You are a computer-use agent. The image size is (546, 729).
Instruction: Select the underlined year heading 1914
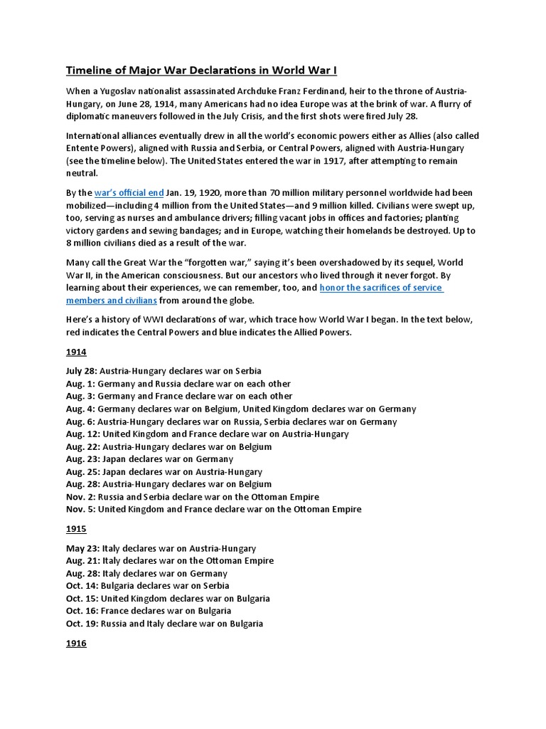click(x=76, y=352)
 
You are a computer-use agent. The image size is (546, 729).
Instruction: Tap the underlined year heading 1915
click(x=76, y=530)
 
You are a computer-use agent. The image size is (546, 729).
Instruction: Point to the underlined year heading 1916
click(x=76, y=644)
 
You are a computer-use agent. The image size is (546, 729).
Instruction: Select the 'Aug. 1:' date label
click(x=80, y=384)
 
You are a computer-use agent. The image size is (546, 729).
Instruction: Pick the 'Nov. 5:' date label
click(x=80, y=509)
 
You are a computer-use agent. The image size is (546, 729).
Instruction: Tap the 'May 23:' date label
click(x=82, y=548)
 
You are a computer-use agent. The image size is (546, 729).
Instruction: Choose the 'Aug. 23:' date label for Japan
click(x=82, y=459)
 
